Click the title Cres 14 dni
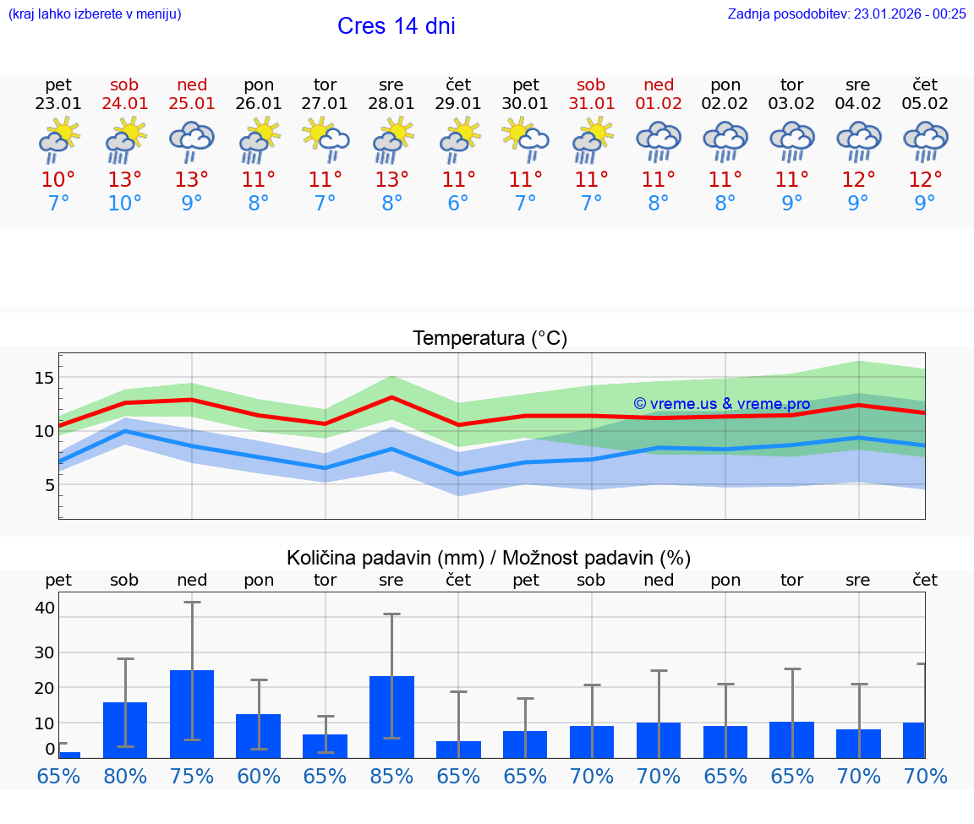pyautogui.click(x=396, y=26)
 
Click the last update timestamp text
pyautogui.click(x=846, y=14)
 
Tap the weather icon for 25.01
pyautogui.click(x=192, y=141)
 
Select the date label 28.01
pyautogui.click(x=391, y=104)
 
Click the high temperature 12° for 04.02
pyautogui.click(x=859, y=180)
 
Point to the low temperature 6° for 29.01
pyautogui.click(x=458, y=204)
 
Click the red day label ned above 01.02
pyautogui.click(x=659, y=85)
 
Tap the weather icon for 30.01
pyautogui.click(x=525, y=141)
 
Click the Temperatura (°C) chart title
pyautogui.click(x=490, y=339)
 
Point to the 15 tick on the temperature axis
pyautogui.click(x=44, y=378)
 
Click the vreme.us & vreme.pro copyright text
pyautogui.click(x=722, y=404)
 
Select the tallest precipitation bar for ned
pyautogui.click(x=192, y=714)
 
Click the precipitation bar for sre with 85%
pyautogui.click(x=391, y=717)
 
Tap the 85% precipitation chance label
pyautogui.click(x=391, y=776)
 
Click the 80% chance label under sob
pyautogui.click(x=125, y=776)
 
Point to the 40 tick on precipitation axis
pyautogui.click(x=45, y=608)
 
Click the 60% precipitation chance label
pyautogui.click(x=259, y=776)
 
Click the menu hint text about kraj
pyautogui.click(x=95, y=14)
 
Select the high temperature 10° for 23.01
pyautogui.click(x=58, y=180)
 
